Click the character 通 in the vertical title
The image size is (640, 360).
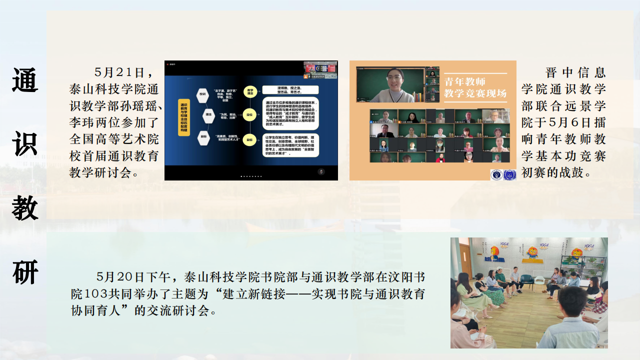25,80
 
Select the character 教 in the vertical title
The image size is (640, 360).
25,207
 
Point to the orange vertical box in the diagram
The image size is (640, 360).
183,117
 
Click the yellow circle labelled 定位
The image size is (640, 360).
249,115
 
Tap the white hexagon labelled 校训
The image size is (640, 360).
202,93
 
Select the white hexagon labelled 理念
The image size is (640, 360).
208,114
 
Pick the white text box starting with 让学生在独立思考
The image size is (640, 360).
290,145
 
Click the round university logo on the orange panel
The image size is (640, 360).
496,174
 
